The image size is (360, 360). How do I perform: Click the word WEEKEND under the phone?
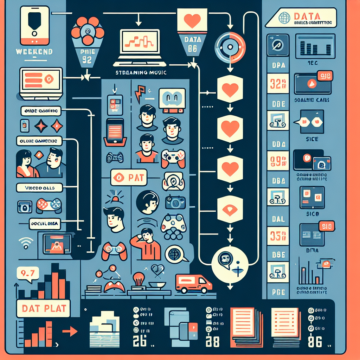(34, 52)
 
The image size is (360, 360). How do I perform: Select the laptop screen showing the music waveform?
(140, 41)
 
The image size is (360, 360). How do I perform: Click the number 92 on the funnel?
(86, 59)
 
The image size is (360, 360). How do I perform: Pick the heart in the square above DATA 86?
(192, 21)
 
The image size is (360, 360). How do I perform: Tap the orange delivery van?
(193, 283)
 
